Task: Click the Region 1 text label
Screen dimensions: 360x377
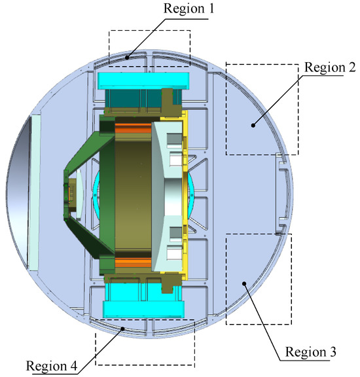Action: tap(189, 9)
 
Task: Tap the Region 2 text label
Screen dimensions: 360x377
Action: tap(330, 67)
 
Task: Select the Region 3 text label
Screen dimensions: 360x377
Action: tap(310, 351)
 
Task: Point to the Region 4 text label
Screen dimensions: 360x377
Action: tap(52, 366)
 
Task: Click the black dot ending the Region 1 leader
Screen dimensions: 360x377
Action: tap(127, 58)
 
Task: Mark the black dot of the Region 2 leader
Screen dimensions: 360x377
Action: tap(253, 125)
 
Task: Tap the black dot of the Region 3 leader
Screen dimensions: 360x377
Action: tap(244, 283)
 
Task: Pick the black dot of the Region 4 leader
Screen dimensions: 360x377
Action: tap(122, 329)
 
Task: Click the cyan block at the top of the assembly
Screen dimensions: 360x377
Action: tap(143, 81)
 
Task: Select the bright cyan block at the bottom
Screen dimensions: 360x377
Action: tap(143, 309)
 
